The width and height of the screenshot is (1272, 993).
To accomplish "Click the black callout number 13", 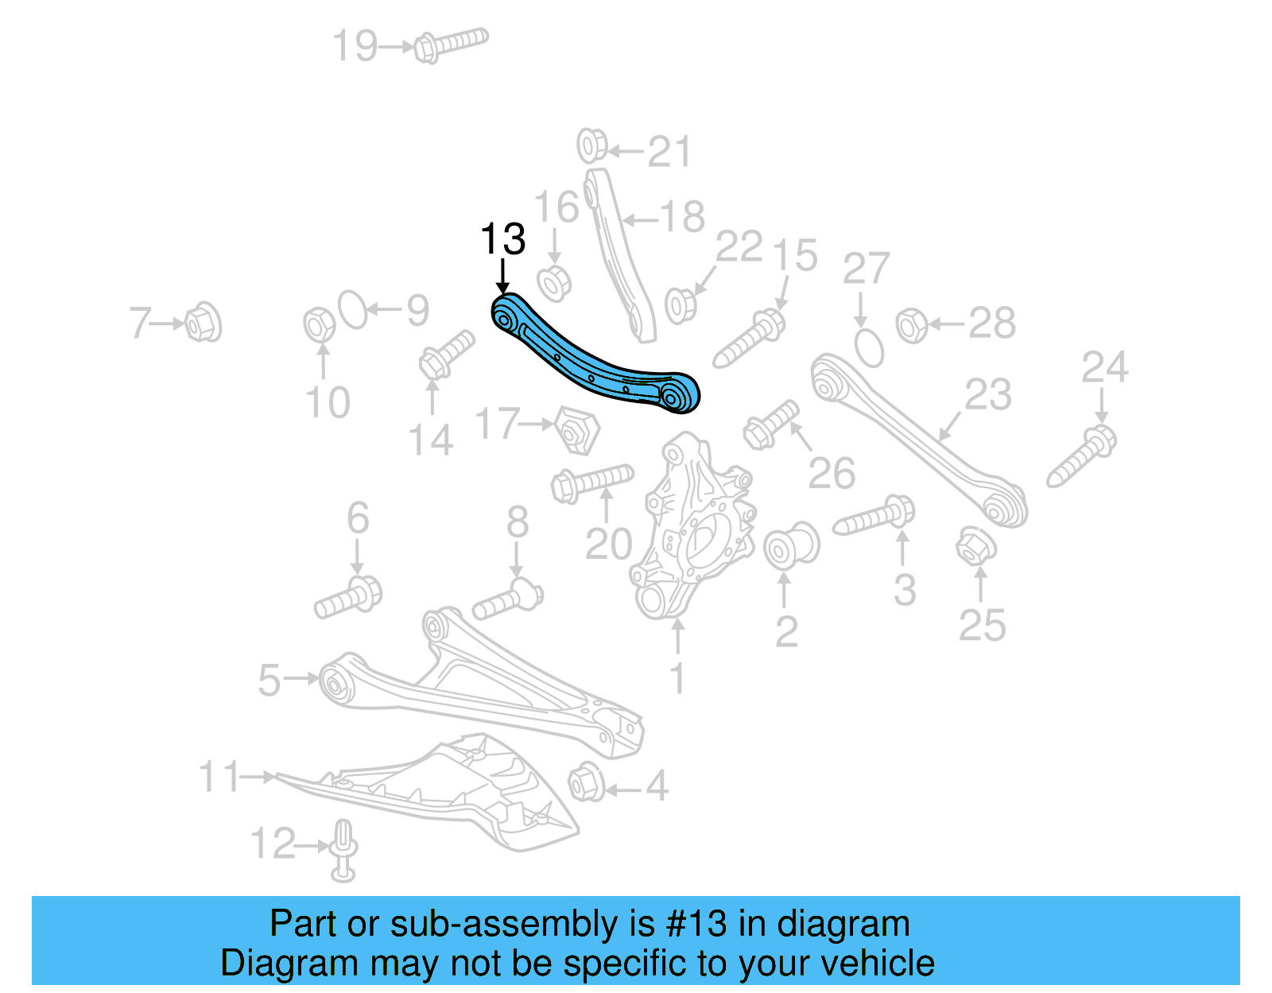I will tap(503, 239).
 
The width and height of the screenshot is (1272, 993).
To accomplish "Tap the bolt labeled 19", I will tap(450, 44).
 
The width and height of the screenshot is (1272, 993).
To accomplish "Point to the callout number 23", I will tap(988, 395).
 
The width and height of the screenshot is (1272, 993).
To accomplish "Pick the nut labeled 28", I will tap(912, 325).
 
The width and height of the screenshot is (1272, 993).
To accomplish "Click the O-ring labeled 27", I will tap(869, 347).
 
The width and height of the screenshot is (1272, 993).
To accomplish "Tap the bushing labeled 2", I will tap(790, 545).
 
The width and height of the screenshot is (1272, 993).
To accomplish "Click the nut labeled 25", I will tap(975, 546).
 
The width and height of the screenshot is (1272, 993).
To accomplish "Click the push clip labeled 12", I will tap(343, 851).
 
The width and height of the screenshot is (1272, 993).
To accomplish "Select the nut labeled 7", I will tap(202, 323).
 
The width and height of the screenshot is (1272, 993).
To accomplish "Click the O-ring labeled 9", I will tap(354, 309).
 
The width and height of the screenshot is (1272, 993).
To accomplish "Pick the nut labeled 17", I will tap(578, 430).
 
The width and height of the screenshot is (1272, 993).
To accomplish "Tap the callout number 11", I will tap(218, 777).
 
